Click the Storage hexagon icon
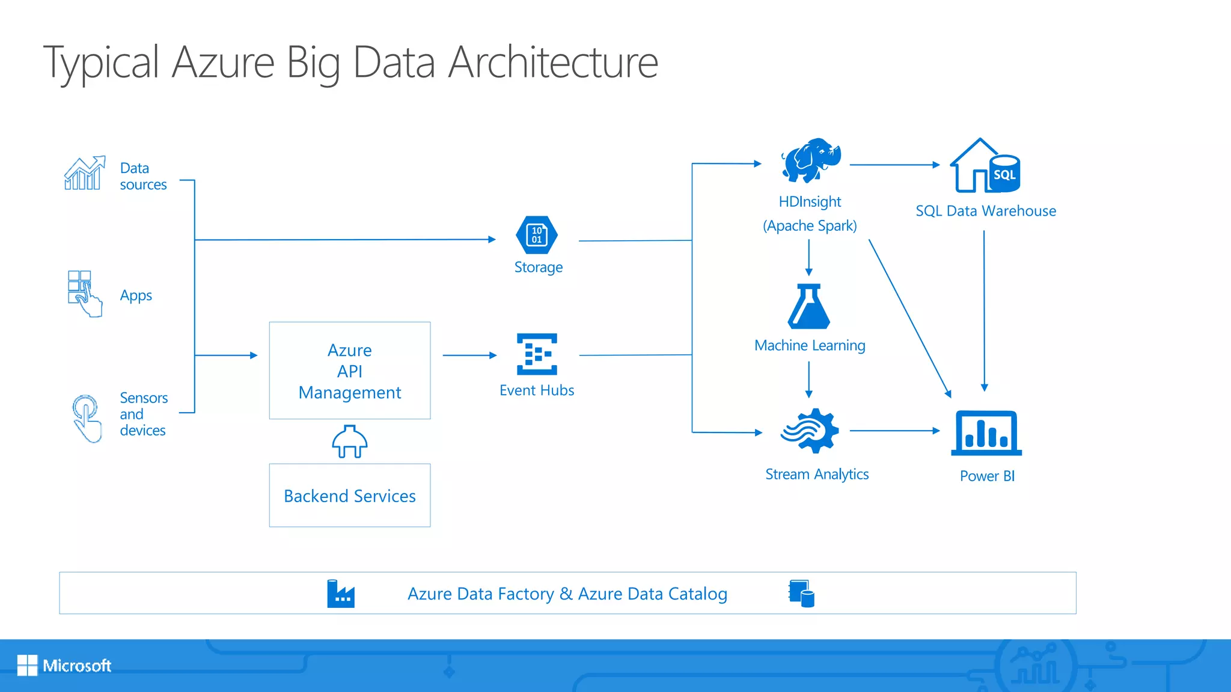pyautogui.click(x=536, y=235)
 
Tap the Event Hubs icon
pyautogui.click(x=537, y=354)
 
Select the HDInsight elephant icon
pyautogui.click(x=810, y=160)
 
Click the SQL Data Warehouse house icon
pyautogui.click(x=984, y=166)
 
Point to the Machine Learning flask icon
pyautogui.click(x=808, y=307)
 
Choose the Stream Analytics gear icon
pyautogui.click(x=810, y=430)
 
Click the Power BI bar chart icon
pyautogui.click(x=986, y=433)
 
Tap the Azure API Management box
pyautogui.click(x=350, y=371)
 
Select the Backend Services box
pyautogui.click(x=350, y=496)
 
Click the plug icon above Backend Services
pyautogui.click(x=350, y=442)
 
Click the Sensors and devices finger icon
pyautogui.click(x=87, y=418)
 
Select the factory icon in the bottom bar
pyautogui.click(x=341, y=594)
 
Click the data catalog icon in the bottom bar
pyautogui.click(x=801, y=593)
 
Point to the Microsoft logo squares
pyautogui.click(x=27, y=665)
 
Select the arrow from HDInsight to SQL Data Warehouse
pyautogui.click(x=894, y=165)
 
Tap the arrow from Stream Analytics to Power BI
pyautogui.click(x=894, y=431)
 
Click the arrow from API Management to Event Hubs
pyautogui.click(x=469, y=356)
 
